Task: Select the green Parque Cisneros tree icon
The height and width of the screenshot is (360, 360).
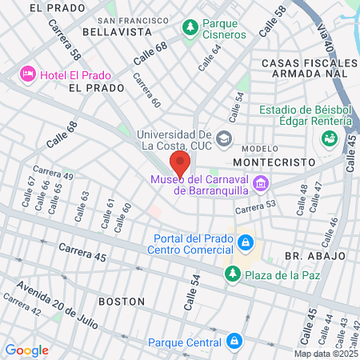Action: tap(190, 29)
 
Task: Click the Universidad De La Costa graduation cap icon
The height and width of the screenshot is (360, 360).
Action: tap(223, 138)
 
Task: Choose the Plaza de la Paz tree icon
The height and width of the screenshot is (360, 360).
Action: tap(232, 274)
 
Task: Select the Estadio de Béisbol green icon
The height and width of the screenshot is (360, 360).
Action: tap(328, 138)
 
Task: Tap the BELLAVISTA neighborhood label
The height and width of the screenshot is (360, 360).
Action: tap(117, 32)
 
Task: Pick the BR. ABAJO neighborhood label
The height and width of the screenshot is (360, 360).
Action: tap(314, 255)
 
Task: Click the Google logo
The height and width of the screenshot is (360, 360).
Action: tap(26, 350)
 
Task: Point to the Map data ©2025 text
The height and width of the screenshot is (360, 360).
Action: tap(326, 354)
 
